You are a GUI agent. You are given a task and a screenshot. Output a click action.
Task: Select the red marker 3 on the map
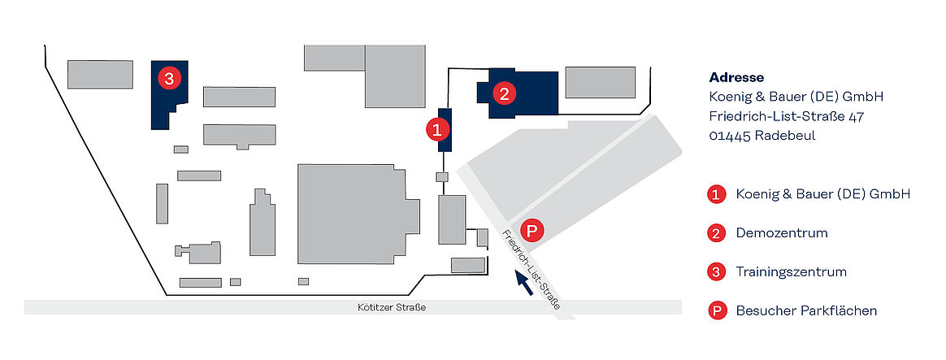coord(169,78)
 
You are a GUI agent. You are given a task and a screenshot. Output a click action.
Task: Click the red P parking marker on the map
coord(532,230)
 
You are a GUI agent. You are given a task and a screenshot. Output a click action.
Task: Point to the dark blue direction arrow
coord(523,283)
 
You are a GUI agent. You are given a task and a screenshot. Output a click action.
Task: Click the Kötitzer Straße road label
coord(392,307)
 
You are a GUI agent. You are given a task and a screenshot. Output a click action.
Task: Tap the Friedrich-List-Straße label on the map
coord(530,270)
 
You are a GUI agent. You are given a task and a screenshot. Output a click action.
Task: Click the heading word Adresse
coord(736,77)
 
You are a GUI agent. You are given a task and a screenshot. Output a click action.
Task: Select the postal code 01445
coord(730,136)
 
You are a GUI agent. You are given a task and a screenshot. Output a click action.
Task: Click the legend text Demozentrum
coord(782,232)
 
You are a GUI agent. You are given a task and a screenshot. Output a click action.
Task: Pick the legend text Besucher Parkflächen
coord(807,310)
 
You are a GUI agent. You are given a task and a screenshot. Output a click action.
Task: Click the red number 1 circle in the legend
coord(716,195)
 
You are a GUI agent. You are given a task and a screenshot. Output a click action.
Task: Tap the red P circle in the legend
coord(716,311)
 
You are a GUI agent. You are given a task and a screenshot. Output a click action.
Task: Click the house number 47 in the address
coord(856,116)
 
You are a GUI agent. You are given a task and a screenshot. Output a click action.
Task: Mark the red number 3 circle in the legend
coord(716,272)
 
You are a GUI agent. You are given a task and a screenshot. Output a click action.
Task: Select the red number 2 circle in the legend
coord(716,233)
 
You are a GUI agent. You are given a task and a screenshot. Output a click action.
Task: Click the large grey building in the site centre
coord(356,214)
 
